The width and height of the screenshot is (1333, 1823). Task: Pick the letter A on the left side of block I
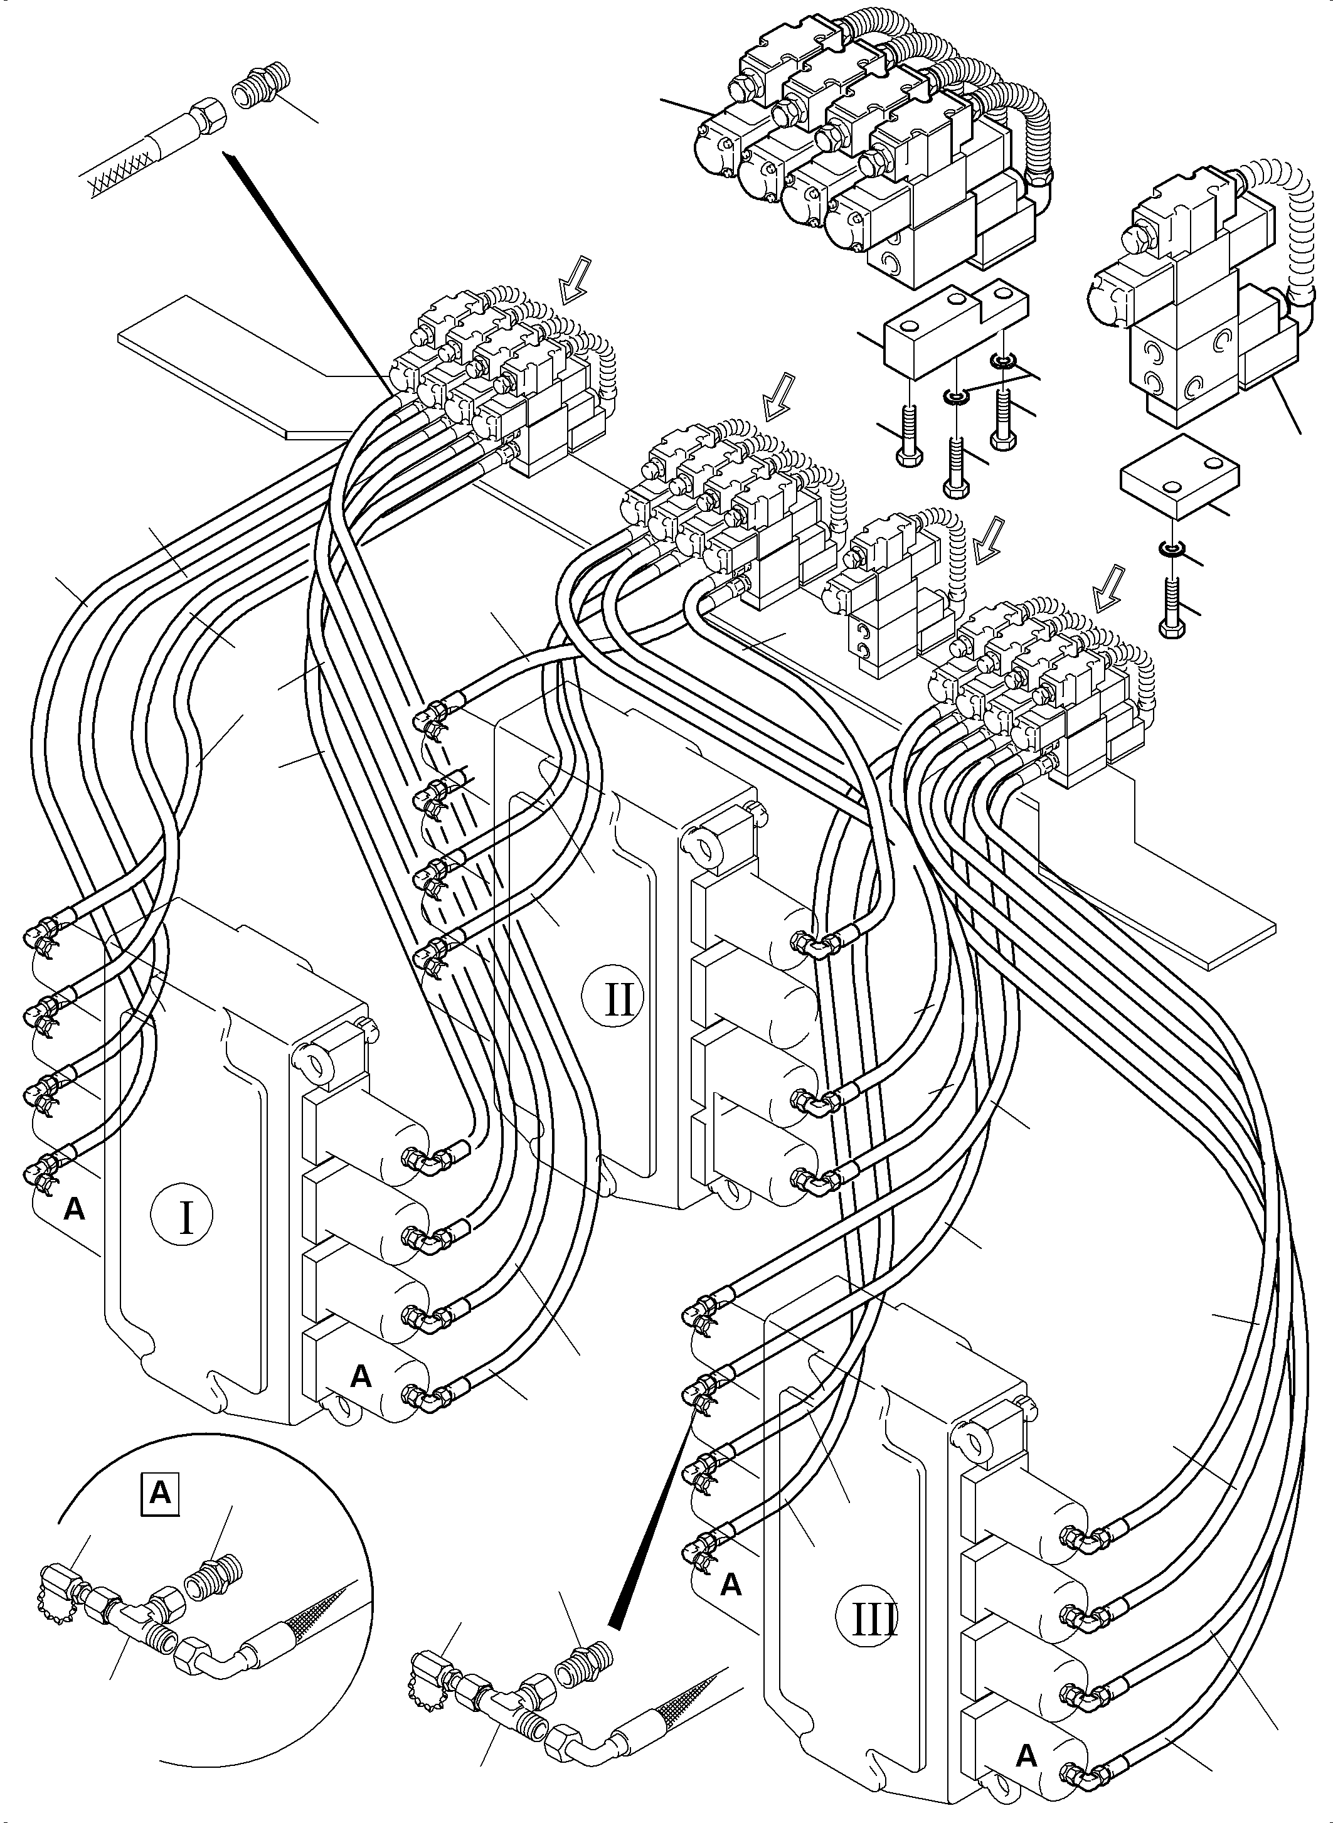point(74,1209)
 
